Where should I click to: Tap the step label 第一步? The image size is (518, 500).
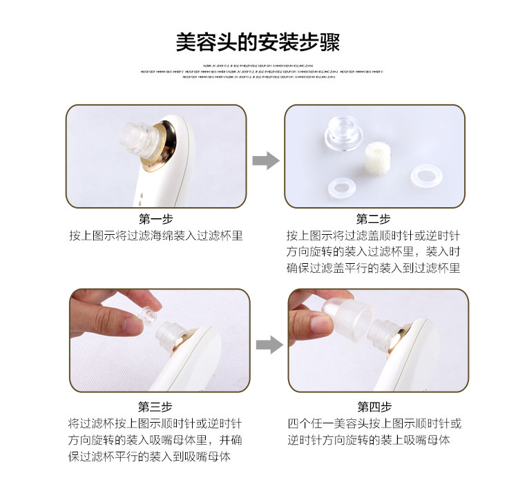pyautogui.click(x=155, y=219)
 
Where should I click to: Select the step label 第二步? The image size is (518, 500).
pyautogui.click(x=374, y=219)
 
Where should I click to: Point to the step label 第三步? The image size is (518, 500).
pyautogui.click(x=155, y=406)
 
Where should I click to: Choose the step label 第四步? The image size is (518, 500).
pyautogui.click(x=374, y=406)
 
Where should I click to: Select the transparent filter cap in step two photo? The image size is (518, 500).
pyautogui.click(x=344, y=131)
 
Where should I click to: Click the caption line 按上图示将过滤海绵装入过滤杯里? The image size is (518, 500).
pyautogui.click(x=155, y=235)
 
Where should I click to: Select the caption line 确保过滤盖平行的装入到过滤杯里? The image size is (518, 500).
pyautogui.click(x=374, y=268)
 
